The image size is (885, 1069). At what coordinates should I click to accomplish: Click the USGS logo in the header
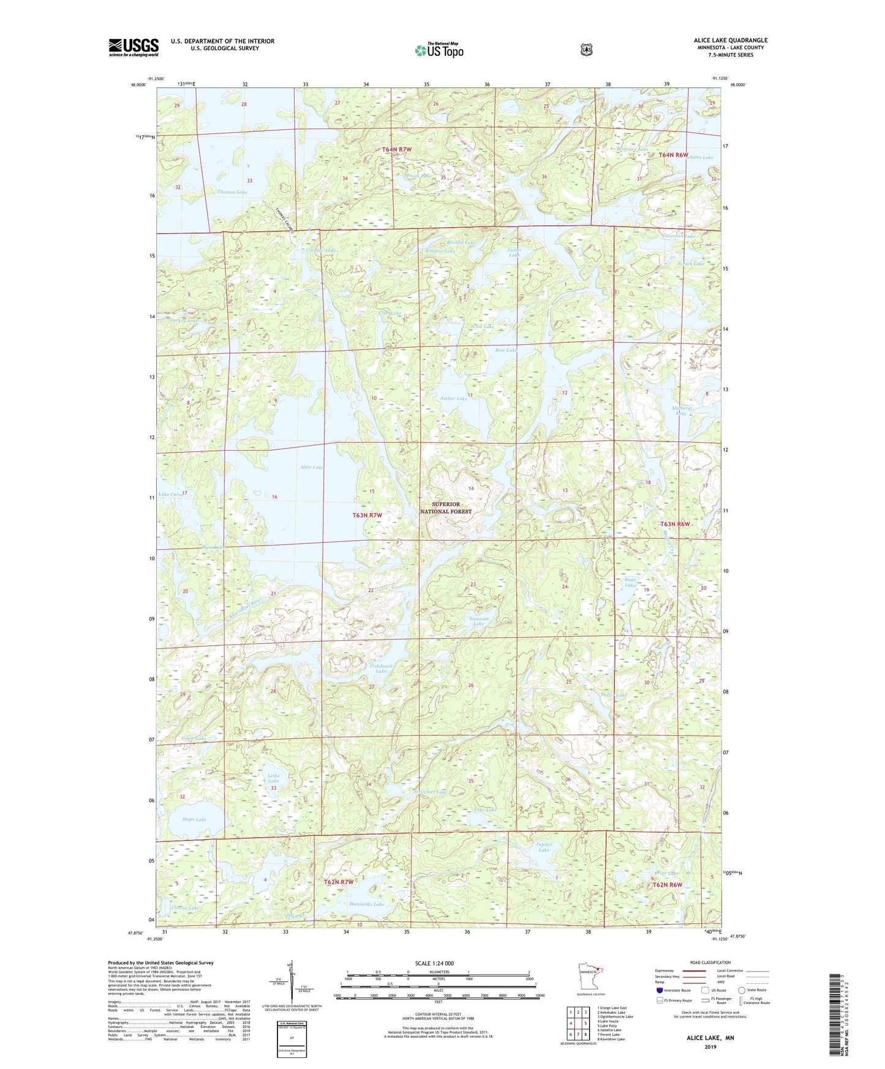point(134,47)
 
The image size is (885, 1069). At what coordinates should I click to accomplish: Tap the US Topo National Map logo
point(438,50)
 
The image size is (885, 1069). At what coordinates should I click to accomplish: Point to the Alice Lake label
point(311,467)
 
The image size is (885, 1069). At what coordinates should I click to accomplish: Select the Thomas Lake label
point(232,192)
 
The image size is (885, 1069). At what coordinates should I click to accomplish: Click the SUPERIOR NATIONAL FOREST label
point(446,508)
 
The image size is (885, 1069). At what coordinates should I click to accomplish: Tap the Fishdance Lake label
point(381,669)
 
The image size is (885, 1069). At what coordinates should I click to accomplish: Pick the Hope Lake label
point(194,819)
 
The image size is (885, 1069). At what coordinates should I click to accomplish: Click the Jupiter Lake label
point(543,847)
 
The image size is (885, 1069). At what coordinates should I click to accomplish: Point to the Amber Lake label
point(454,399)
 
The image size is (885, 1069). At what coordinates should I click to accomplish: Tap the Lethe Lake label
point(273,778)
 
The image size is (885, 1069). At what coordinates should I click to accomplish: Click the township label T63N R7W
point(367,516)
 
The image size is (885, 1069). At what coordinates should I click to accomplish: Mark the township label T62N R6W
point(667,885)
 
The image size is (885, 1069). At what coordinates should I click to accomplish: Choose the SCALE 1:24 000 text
point(434,964)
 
